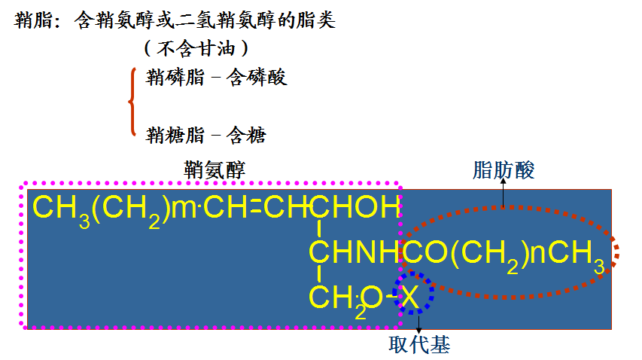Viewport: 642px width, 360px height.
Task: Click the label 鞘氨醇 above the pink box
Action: [x=215, y=169]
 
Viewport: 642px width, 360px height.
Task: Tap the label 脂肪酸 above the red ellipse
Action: [x=504, y=170]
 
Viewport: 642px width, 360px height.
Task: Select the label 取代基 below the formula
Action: [x=419, y=345]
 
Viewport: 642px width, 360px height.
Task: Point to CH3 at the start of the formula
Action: [x=57, y=208]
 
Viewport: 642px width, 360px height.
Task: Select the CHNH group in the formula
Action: [x=354, y=253]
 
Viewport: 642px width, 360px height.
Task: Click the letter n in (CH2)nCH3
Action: [x=537, y=254]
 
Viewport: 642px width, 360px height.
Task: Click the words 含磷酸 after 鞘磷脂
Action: [x=257, y=78]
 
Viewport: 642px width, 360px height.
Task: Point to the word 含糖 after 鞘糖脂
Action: [x=247, y=135]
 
